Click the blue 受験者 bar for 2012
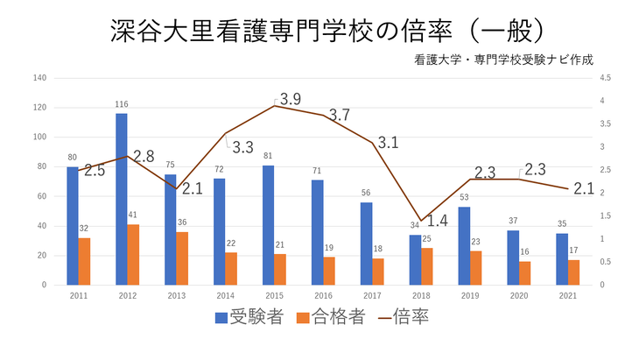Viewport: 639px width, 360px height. point(121,199)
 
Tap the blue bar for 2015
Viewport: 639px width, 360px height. point(268,225)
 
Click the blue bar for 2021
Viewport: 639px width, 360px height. point(562,259)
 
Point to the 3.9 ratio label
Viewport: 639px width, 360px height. point(291,98)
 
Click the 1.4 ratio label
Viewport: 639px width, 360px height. point(437,221)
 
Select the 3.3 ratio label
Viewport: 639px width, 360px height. point(242,147)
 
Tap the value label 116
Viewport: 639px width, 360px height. point(121,105)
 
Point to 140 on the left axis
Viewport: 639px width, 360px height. point(39,78)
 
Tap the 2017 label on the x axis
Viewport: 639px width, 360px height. point(372,296)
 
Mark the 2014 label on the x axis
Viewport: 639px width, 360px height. point(225,296)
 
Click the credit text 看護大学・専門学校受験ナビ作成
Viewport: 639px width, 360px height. point(505,60)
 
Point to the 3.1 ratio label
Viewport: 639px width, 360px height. point(388,143)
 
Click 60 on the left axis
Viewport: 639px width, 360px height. point(41,196)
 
